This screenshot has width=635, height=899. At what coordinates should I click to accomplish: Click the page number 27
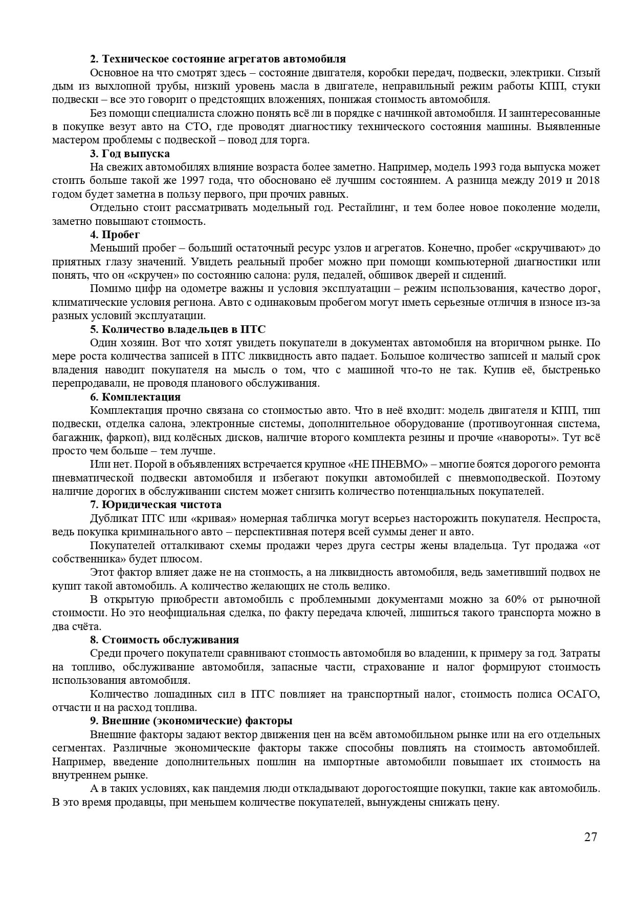point(590,837)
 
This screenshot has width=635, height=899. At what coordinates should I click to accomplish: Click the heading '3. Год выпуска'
point(130,154)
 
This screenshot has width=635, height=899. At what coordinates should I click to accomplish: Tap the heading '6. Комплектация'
point(135,397)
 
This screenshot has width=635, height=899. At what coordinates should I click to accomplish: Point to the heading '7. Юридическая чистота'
point(156,505)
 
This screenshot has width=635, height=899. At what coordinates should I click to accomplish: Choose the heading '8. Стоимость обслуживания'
point(164,640)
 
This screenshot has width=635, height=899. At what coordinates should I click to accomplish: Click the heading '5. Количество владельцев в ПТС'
point(178,329)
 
